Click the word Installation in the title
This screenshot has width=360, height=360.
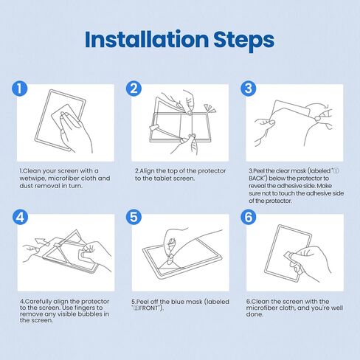click(x=147, y=39)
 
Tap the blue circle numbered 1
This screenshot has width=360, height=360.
click(x=20, y=89)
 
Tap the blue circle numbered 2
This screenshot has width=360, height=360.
click(x=134, y=89)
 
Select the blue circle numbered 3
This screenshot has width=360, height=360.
click(x=248, y=89)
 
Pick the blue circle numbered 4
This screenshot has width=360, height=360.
click(x=20, y=217)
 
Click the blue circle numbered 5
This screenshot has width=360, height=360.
click(x=134, y=217)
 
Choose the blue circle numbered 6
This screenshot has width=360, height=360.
click(x=248, y=217)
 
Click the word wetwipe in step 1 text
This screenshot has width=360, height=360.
click(x=32, y=179)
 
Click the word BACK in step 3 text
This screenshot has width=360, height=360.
click(x=256, y=179)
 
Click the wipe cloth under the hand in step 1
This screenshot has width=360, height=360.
click(x=65, y=116)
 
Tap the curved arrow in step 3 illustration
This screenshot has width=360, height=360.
click(x=325, y=108)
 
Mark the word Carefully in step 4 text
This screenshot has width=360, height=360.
click(x=38, y=302)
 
